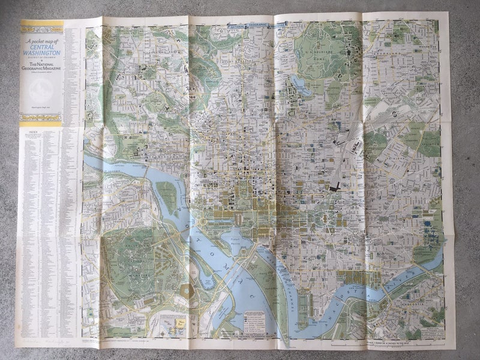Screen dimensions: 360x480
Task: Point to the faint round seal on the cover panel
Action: [41, 92]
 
